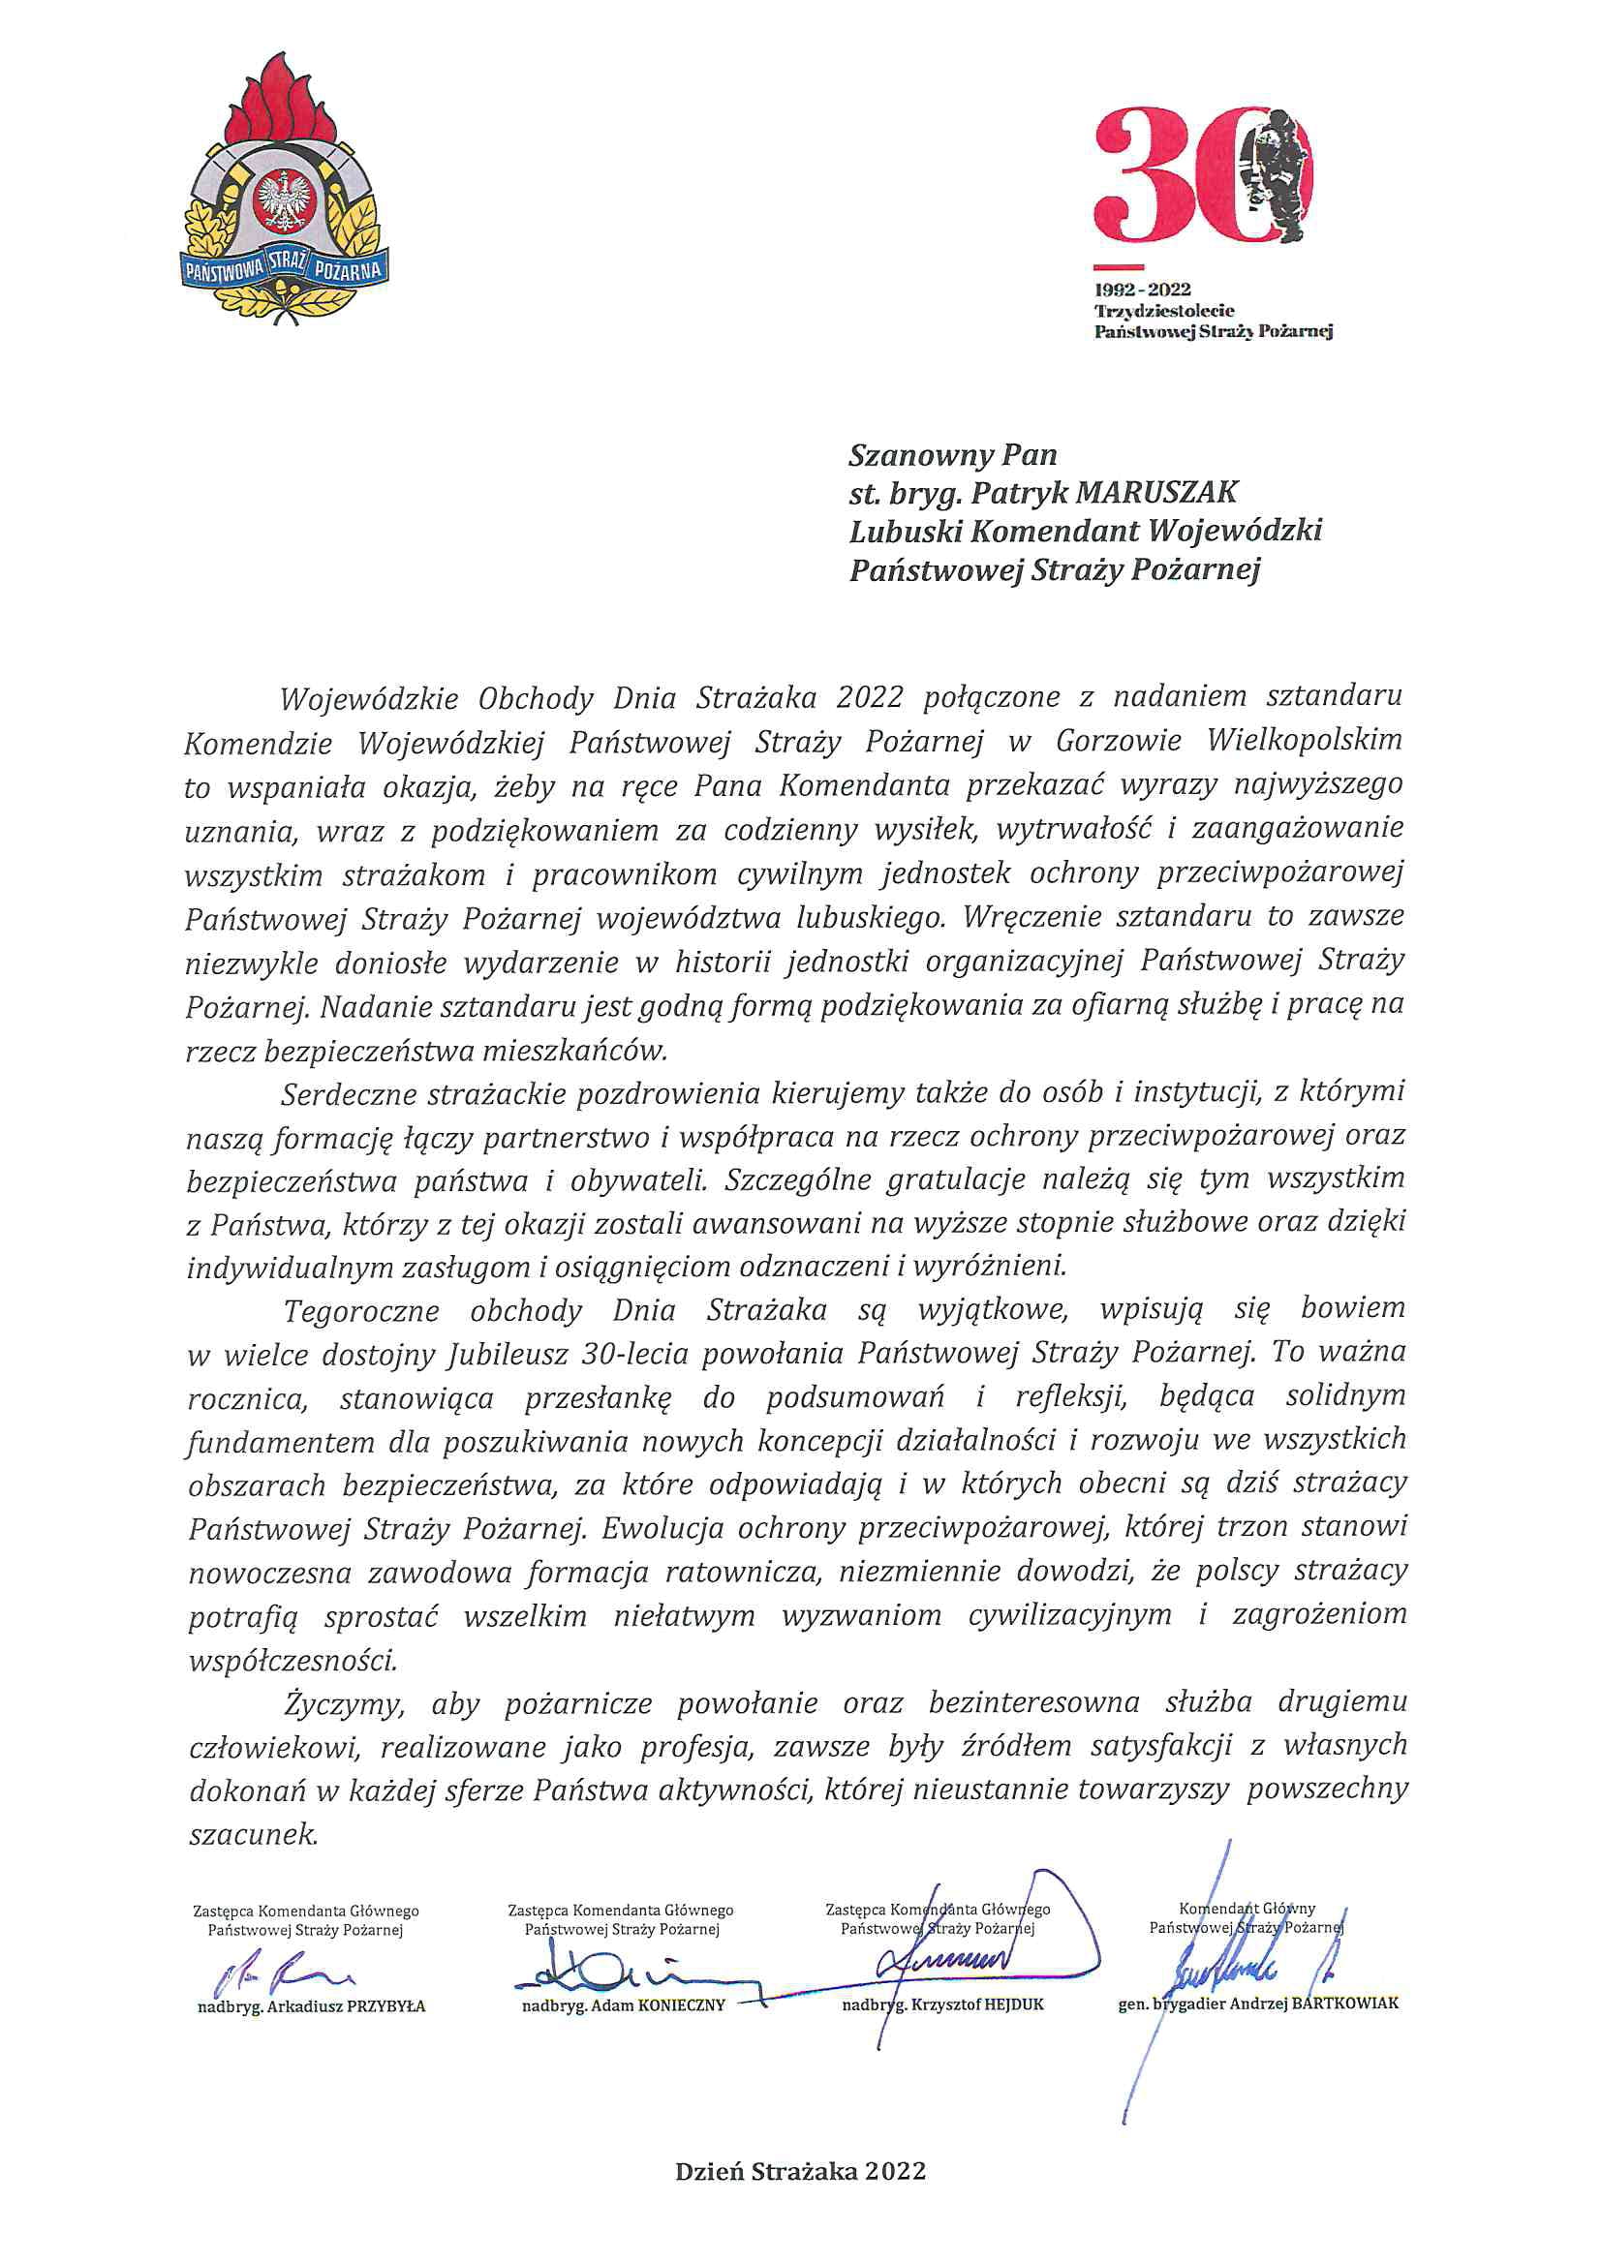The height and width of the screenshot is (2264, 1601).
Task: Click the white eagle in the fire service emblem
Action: (x=283, y=200)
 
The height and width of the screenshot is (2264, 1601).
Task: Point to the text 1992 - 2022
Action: (x=1142, y=290)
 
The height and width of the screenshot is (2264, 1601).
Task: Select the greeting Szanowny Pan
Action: (x=952, y=454)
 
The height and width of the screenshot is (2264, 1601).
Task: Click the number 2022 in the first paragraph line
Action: (x=869, y=698)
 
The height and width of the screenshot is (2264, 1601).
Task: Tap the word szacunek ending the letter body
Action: (x=254, y=1834)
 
